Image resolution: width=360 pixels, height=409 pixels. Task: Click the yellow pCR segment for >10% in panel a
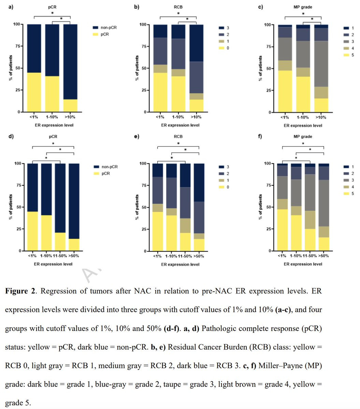click(x=70, y=106)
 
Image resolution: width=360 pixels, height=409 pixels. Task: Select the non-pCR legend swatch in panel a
click(x=96, y=28)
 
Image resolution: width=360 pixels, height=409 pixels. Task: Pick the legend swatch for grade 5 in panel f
click(x=344, y=194)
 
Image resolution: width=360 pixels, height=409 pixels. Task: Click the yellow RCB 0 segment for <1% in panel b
click(x=160, y=92)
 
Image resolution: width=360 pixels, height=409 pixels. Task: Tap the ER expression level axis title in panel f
click(x=303, y=264)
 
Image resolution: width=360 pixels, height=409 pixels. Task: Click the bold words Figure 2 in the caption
click(x=21, y=291)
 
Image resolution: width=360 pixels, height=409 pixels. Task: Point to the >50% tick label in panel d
click(x=74, y=256)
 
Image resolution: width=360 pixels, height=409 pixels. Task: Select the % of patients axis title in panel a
click(x=12, y=68)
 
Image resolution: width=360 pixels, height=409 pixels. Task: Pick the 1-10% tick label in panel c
click(x=303, y=117)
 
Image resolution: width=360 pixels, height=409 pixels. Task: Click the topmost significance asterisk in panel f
click(x=303, y=143)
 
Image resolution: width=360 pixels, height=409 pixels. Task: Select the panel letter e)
click(x=136, y=137)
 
